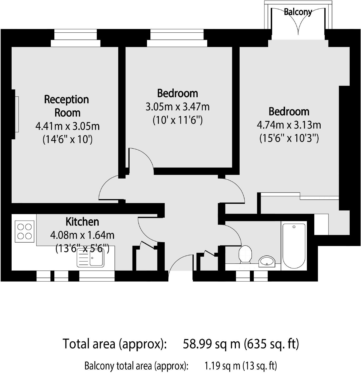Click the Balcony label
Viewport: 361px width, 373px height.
[298, 12]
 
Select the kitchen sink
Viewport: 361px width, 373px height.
[91, 258]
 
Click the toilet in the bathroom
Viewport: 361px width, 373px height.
[245, 254]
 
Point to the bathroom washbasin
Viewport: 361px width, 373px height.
[267, 261]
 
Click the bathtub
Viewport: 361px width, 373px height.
[294, 245]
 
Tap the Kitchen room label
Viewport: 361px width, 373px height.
[82, 222]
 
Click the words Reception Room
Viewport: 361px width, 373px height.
[66, 106]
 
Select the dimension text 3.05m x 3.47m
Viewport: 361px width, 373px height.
[178, 107]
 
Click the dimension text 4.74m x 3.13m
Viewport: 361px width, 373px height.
[289, 125]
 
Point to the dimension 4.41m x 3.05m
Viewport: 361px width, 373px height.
[68, 126]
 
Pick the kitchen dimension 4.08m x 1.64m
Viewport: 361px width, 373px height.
[82, 235]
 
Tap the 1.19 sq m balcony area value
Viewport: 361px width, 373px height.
[222, 366]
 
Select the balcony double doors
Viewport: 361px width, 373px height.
[298, 22]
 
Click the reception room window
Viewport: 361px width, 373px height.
[75, 38]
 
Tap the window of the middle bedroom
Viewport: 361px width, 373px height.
[177, 38]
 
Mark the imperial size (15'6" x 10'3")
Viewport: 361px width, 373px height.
[289, 138]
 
